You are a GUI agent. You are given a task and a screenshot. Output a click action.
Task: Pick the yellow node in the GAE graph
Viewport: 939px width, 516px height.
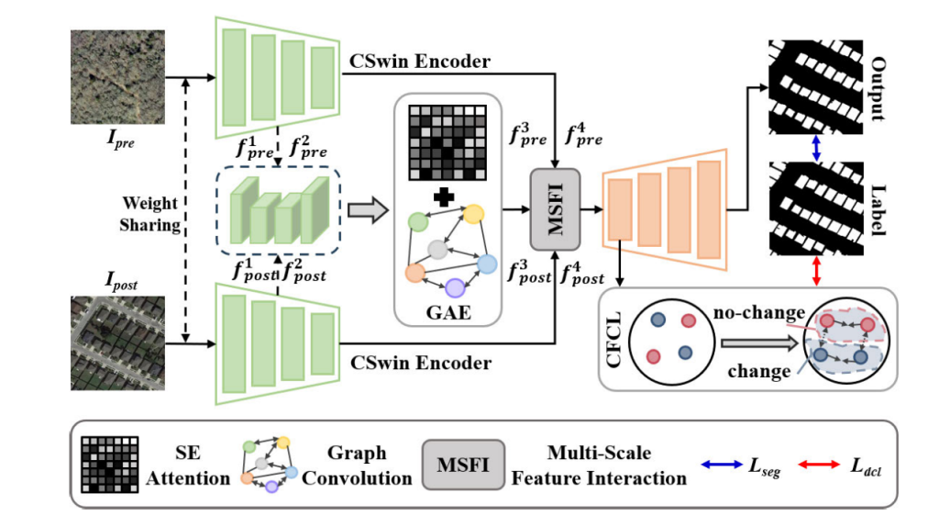(473, 215)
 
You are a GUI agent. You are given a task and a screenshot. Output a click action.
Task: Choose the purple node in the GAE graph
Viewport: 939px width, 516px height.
(456, 286)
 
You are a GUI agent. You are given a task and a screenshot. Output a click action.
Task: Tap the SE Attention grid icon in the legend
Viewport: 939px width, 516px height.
(109, 465)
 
